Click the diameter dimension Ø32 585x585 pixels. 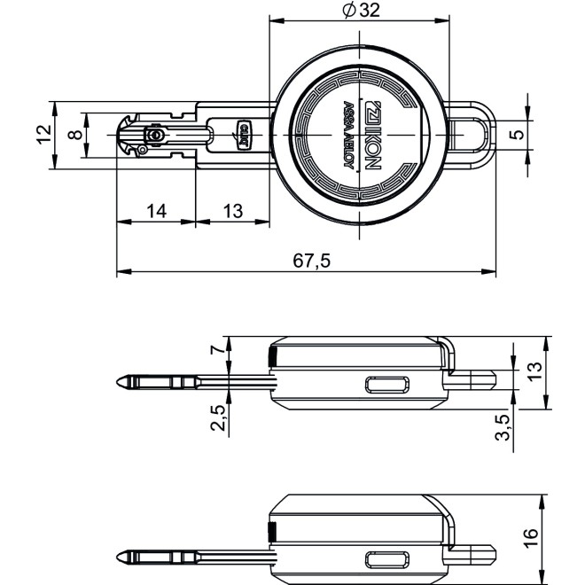coord(347,11)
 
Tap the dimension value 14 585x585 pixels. coord(156,211)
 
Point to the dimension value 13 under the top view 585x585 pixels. coord(232,211)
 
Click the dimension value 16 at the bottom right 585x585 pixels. coord(531,537)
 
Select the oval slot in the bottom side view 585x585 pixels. coord(388,559)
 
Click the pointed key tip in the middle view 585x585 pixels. coord(121,382)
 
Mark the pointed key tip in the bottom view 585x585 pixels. coord(121,558)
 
